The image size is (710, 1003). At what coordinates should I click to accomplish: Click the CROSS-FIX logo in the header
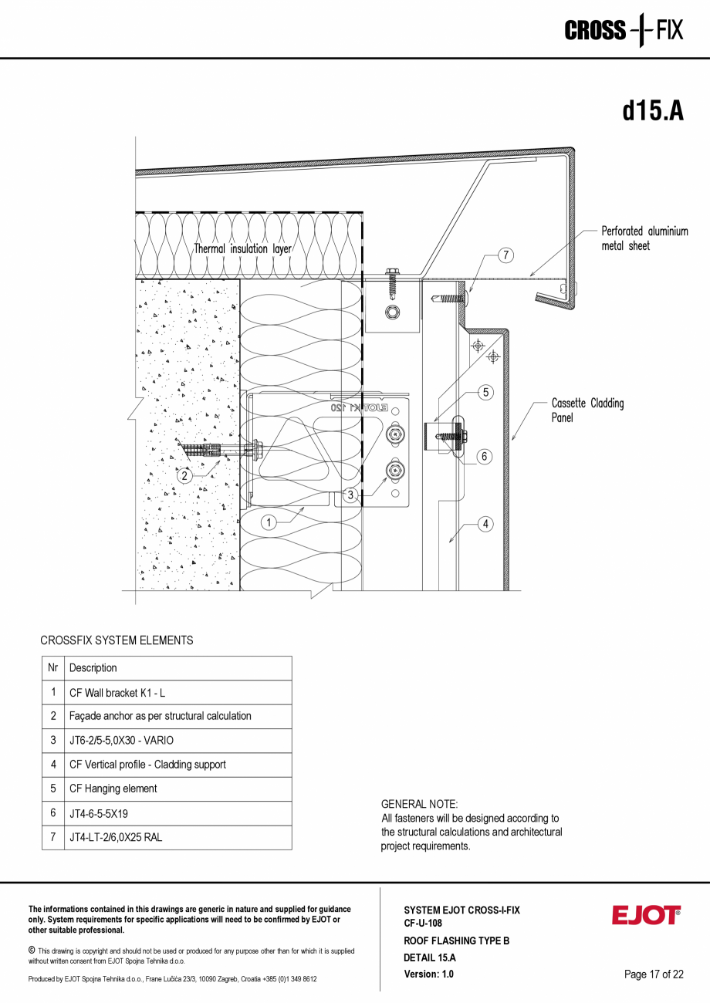(x=624, y=30)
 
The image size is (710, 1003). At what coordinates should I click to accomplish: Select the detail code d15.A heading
(x=653, y=110)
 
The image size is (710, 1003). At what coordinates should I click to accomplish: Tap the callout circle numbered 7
(x=505, y=255)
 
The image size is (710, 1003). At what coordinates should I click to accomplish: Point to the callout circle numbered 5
(x=485, y=393)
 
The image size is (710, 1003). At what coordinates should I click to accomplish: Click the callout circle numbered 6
(x=485, y=456)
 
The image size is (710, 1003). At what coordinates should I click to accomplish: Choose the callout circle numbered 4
(x=485, y=525)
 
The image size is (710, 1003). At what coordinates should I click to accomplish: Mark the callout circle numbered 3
(x=350, y=495)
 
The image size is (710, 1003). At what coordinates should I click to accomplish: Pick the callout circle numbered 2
(x=184, y=476)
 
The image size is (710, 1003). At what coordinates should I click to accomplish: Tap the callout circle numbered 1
(x=269, y=522)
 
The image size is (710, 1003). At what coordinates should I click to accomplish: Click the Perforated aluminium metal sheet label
(x=644, y=238)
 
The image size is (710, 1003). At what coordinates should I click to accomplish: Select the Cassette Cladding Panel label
(x=587, y=410)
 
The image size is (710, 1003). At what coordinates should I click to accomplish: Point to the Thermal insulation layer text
(x=242, y=249)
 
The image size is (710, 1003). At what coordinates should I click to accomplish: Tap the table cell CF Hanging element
(x=113, y=789)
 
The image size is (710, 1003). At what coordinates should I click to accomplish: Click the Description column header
(x=93, y=668)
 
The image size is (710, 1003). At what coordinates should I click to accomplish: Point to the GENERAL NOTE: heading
(x=419, y=804)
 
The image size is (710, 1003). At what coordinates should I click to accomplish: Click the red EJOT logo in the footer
(x=646, y=915)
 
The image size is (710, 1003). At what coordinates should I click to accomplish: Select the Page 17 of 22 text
(x=654, y=974)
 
